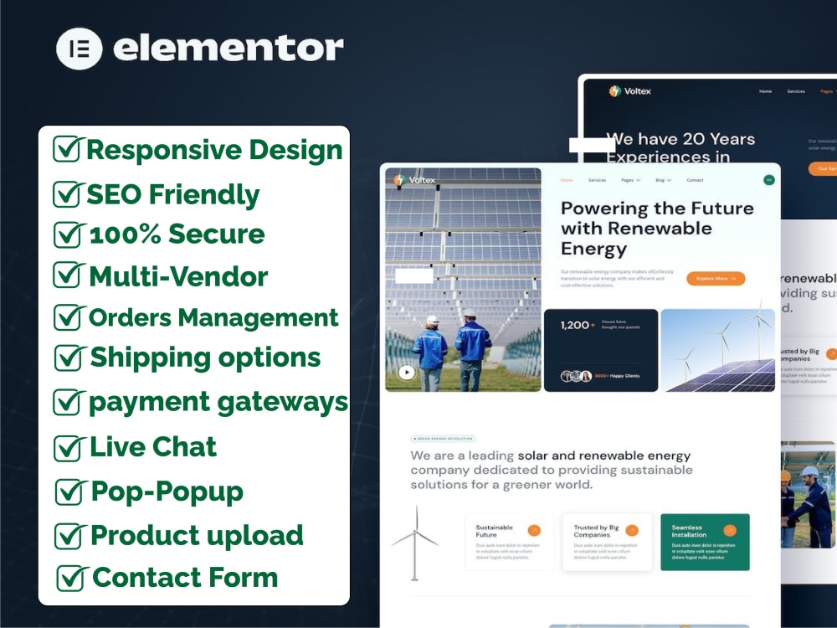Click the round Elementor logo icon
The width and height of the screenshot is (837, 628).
point(80,49)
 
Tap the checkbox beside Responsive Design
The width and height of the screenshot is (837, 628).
point(67,149)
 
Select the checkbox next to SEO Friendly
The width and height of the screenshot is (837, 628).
point(67,193)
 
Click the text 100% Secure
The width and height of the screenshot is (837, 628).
point(177,234)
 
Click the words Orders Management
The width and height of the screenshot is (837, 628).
point(213,317)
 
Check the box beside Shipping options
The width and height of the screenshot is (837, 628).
point(69,358)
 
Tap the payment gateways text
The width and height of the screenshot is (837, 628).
point(218,402)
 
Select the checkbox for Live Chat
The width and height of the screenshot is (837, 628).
point(69,447)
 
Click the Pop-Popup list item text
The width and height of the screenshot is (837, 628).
point(167,491)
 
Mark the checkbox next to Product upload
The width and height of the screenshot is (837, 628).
point(69,535)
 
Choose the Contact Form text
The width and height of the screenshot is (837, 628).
point(184,577)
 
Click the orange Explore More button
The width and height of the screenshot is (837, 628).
point(716,278)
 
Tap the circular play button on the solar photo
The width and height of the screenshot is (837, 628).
point(407,373)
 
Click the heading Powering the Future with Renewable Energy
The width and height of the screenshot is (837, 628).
point(657,228)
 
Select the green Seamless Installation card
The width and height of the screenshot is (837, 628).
point(705,542)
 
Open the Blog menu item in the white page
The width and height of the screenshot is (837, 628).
point(662,180)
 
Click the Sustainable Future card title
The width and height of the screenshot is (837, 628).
point(494,531)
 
